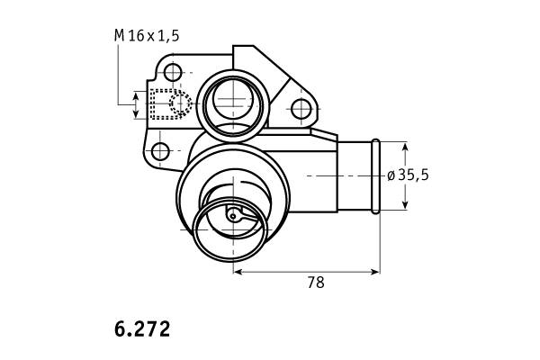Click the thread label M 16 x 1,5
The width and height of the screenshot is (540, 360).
[x=147, y=35]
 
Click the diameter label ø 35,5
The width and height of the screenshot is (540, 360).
[x=408, y=175]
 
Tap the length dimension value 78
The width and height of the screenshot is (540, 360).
[x=316, y=283]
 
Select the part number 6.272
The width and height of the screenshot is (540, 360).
[x=142, y=329]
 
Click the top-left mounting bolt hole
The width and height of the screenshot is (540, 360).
[x=173, y=72]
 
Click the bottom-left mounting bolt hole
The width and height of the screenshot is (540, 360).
[x=160, y=151]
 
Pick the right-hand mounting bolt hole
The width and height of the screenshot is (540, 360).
[x=301, y=109]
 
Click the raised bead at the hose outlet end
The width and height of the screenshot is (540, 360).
[x=375, y=176]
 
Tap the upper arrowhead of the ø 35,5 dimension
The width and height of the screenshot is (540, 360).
[x=405, y=148]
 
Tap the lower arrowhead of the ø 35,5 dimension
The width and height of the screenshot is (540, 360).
[x=405, y=204]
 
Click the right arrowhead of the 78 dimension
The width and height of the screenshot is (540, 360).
[x=374, y=272]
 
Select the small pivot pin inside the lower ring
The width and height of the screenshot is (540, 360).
[x=233, y=216]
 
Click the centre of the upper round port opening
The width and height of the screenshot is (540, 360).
[x=233, y=99]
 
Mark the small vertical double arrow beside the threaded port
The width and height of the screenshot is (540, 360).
[x=136, y=104]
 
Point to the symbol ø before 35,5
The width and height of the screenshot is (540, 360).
[x=391, y=175]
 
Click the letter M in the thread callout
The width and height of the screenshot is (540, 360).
[x=119, y=35]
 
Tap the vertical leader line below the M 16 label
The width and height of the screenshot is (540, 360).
[x=118, y=75]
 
